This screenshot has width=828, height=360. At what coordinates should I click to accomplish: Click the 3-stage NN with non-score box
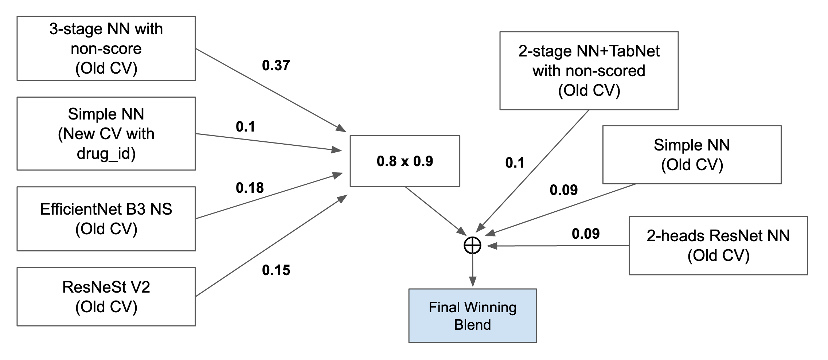pyautogui.click(x=106, y=48)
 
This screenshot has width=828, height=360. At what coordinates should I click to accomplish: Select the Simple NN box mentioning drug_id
pyautogui.click(x=106, y=133)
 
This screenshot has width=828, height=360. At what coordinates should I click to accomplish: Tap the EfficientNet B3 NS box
pyautogui.click(x=106, y=219)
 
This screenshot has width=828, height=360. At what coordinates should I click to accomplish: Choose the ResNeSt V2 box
pyautogui.click(x=106, y=297)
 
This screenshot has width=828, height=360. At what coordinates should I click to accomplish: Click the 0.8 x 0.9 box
pyautogui.click(x=405, y=161)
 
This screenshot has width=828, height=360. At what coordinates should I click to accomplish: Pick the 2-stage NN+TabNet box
pyautogui.click(x=589, y=71)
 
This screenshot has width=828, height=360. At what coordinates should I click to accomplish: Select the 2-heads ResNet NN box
pyautogui.click(x=718, y=246)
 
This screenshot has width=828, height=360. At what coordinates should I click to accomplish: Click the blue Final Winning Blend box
pyautogui.click(x=473, y=316)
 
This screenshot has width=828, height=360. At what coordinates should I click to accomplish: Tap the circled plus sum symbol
pyautogui.click(x=472, y=246)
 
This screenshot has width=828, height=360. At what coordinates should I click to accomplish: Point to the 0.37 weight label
pyautogui.click(x=276, y=65)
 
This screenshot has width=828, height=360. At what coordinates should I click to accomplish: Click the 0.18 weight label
pyautogui.click(x=250, y=188)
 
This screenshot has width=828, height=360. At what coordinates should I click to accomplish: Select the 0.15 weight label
pyautogui.click(x=276, y=270)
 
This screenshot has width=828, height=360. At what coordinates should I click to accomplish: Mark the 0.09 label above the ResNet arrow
pyautogui.click(x=586, y=234)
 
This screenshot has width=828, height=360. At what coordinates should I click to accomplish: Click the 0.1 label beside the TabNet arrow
pyautogui.click(x=515, y=163)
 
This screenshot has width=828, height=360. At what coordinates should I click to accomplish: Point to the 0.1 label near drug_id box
pyautogui.click(x=245, y=126)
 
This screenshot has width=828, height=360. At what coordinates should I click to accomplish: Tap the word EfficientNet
pyautogui.click(x=81, y=209)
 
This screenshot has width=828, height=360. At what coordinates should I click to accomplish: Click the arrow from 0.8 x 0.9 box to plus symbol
pyautogui.click(x=436, y=211)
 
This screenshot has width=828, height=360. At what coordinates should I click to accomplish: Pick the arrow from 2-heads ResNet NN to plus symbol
pyautogui.click(x=558, y=246)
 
